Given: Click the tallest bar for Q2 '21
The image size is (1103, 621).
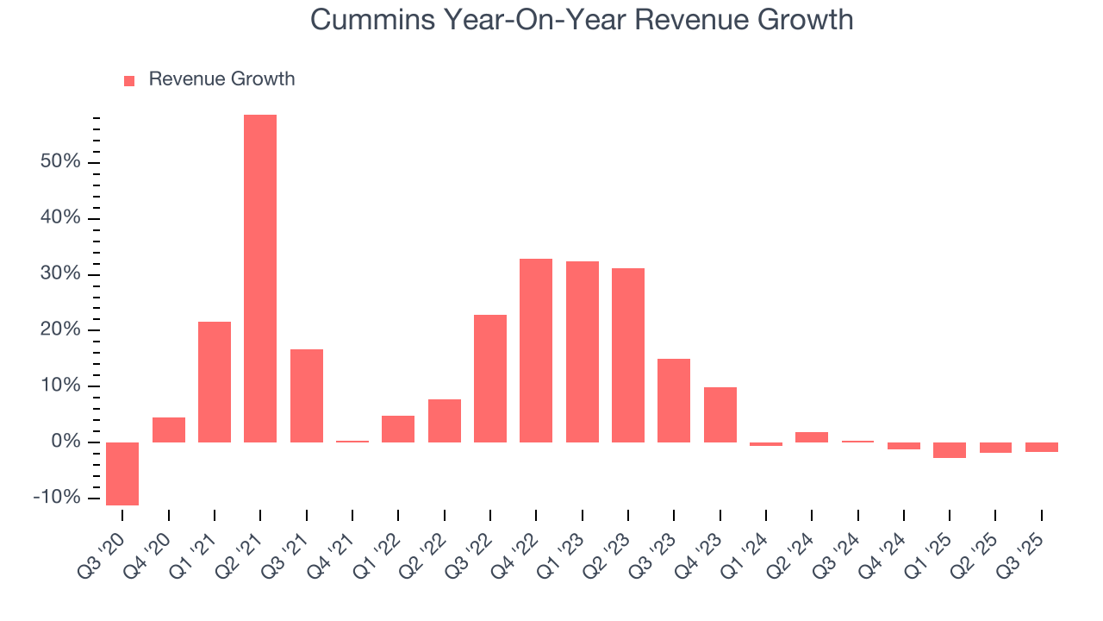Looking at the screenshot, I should click(x=260, y=279).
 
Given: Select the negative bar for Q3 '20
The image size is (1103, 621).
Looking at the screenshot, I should click(x=122, y=474).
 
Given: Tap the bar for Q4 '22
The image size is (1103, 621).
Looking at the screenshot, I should click(x=536, y=350).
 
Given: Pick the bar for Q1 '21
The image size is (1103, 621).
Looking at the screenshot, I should click(x=215, y=382).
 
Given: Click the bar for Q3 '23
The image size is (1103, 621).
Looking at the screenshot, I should click(x=674, y=400).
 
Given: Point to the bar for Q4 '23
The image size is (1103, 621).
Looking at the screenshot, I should click(x=720, y=415).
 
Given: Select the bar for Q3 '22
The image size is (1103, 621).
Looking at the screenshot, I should click(x=490, y=379).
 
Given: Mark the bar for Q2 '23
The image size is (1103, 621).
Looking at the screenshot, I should click(x=628, y=355).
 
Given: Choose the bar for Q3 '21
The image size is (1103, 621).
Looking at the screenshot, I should click(x=306, y=396).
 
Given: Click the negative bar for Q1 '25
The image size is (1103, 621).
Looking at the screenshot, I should click(x=950, y=450).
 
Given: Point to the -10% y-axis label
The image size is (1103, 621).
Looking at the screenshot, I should click(x=57, y=499).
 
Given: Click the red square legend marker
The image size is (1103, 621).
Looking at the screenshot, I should click(x=129, y=81).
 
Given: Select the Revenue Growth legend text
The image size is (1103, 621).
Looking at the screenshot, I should click(x=221, y=79).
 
